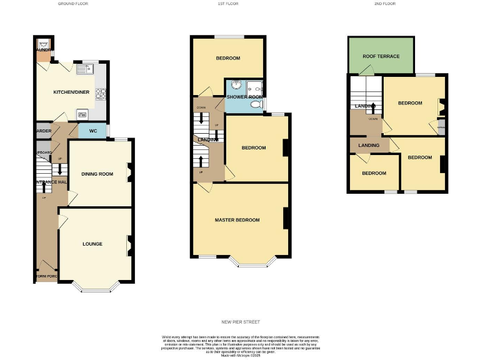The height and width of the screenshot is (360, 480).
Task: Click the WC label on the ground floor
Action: coord(92,131)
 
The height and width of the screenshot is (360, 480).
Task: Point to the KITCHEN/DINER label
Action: coord(70,92)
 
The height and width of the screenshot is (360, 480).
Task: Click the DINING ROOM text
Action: coord(97,174)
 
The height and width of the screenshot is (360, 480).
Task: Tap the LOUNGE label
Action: coord(92,244)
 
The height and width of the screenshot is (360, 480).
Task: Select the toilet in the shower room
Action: coord(256,106)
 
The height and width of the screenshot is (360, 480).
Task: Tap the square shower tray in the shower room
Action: coord(254,87)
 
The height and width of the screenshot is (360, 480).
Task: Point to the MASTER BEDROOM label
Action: coord(237,220)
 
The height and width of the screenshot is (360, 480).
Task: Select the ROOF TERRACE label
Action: coord(381,56)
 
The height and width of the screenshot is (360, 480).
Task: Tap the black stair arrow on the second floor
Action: coord(373,107)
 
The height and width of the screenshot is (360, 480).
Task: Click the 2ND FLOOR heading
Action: coord(385,4)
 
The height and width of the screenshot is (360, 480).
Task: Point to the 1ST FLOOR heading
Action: coord(228,4)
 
